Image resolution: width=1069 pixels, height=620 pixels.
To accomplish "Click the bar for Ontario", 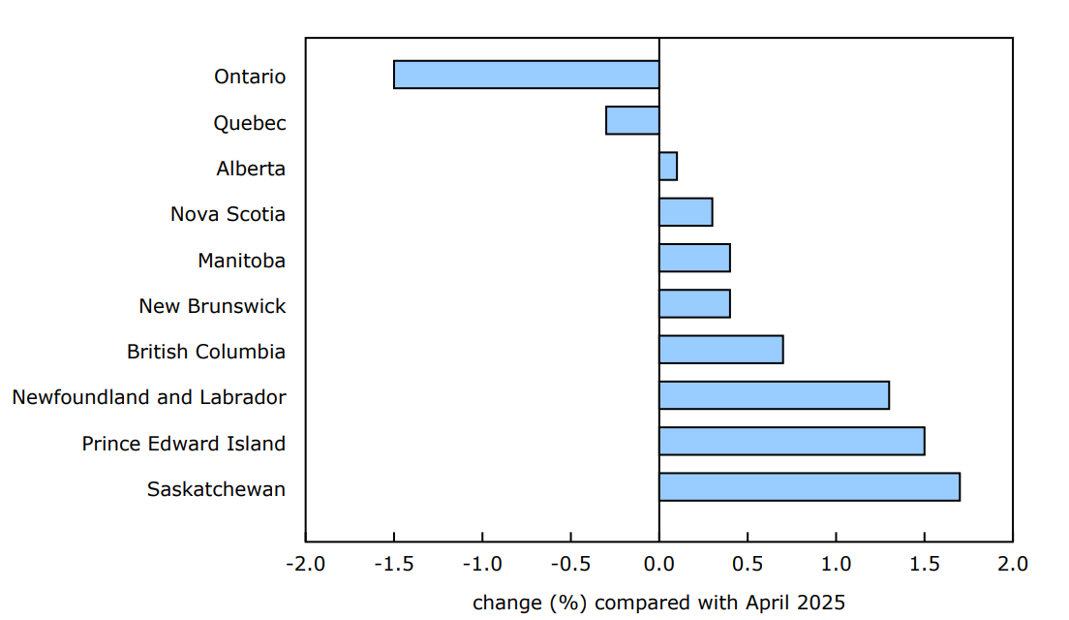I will pyautogui.click(x=526, y=75).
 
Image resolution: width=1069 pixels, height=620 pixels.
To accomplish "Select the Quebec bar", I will pyautogui.click(x=632, y=120).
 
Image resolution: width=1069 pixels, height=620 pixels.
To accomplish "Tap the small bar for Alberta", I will pyautogui.click(x=667, y=167).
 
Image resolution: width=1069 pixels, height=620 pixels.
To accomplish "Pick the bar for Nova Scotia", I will pyautogui.click(x=686, y=212).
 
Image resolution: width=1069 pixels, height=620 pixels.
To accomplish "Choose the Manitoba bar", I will pyautogui.click(x=694, y=258).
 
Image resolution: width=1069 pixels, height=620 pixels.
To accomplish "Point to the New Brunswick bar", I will pyautogui.click(x=694, y=303).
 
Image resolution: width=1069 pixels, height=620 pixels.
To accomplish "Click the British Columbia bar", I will pyautogui.click(x=720, y=350).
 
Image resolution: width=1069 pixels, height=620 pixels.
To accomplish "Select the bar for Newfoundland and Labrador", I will pyautogui.click(x=774, y=395).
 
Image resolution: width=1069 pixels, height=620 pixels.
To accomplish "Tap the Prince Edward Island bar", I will pyautogui.click(x=791, y=441).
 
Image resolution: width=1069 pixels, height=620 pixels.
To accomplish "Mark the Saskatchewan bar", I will pyautogui.click(x=809, y=487).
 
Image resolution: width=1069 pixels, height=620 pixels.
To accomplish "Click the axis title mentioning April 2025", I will pyautogui.click(x=658, y=603).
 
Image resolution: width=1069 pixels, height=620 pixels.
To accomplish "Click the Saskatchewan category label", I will pyautogui.click(x=216, y=489).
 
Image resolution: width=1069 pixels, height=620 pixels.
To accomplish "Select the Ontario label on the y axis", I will pyautogui.click(x=250, y=77).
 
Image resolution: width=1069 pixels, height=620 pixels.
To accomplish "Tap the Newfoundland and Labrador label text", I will pyautogui.click(x=149, y=397).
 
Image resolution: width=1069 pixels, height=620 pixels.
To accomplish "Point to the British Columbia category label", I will pyautogui.click(x=206, y=352).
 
